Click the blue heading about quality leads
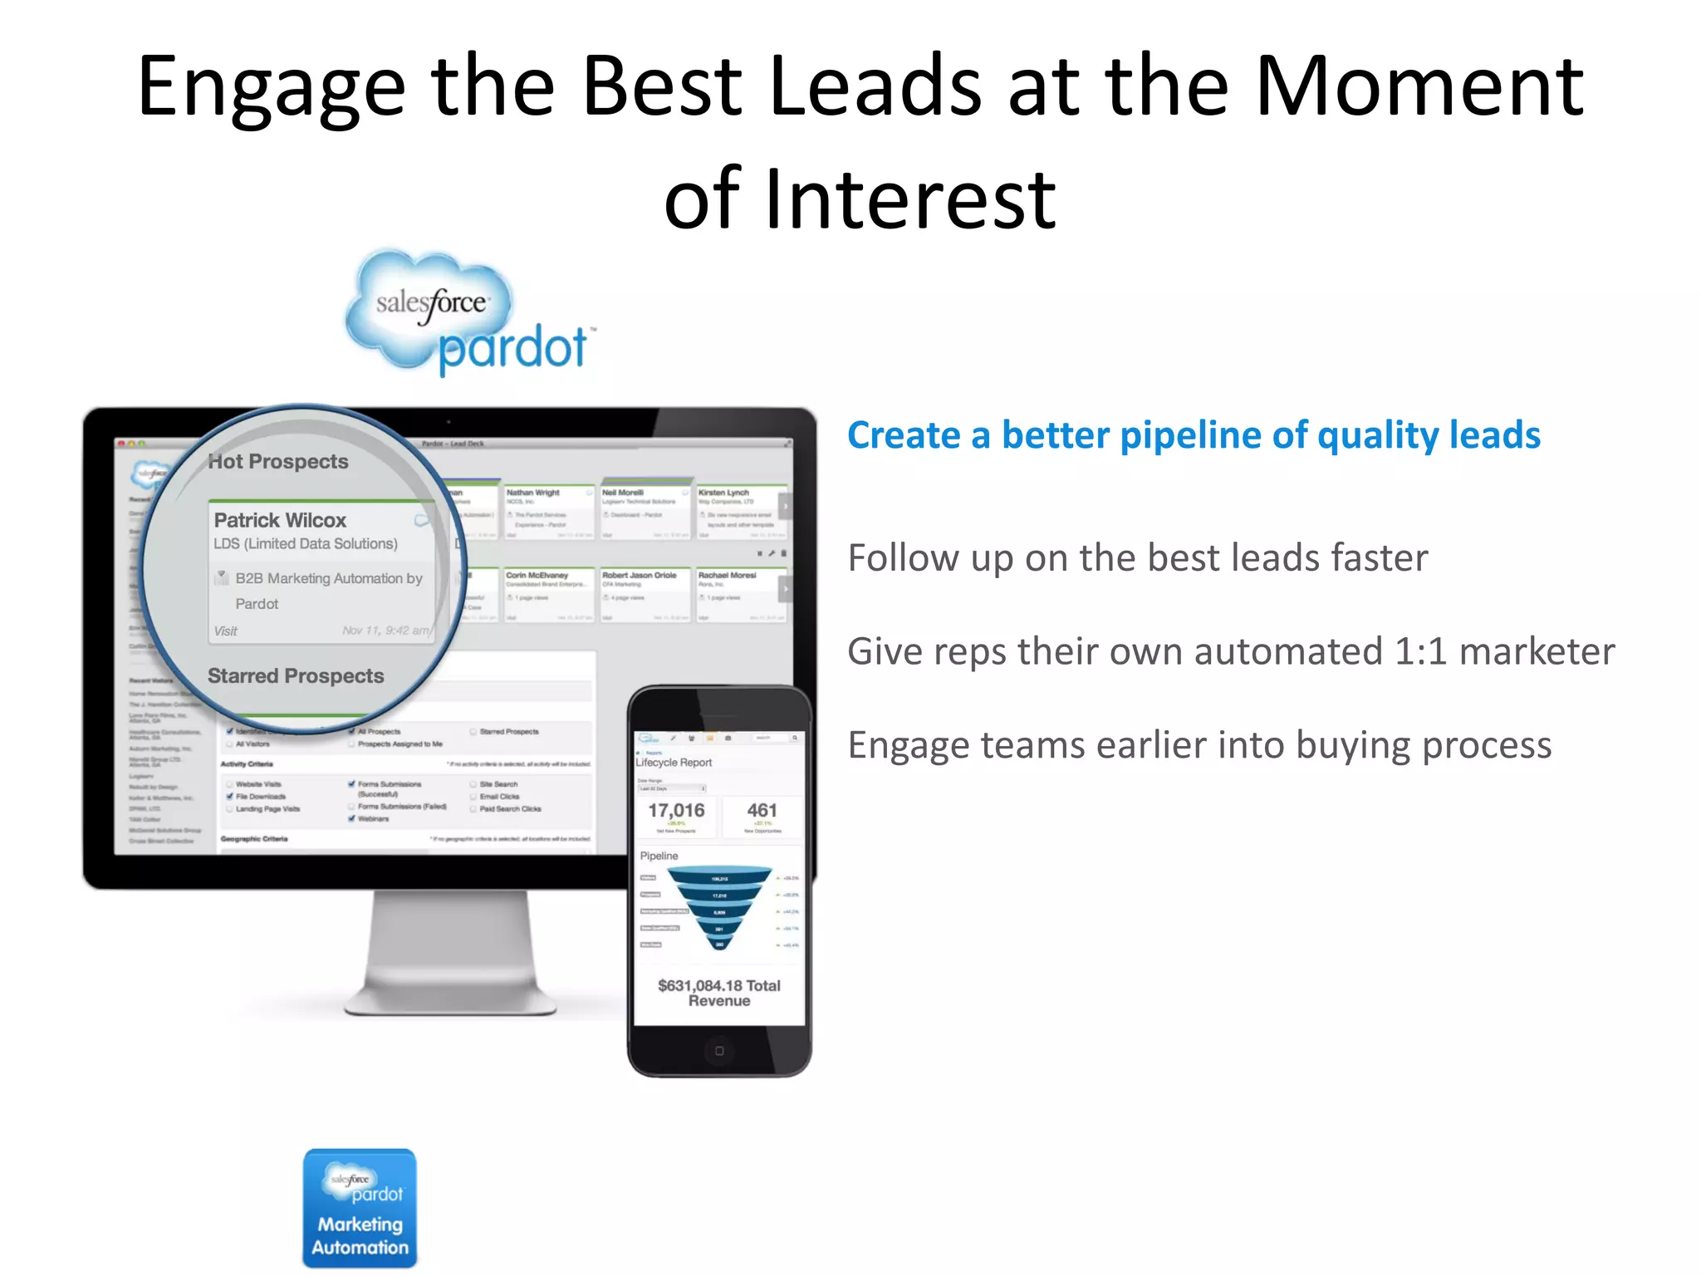click(x=1193, y=435)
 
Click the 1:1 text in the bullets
click(x=1420, y=651)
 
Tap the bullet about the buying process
click(x=1199, y=745)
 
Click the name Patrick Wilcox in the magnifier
click(x=280, y=521)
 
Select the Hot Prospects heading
click(x=278, y=462)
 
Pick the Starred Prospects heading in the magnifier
click(x=296, y=676)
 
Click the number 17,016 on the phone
click(x=676, y=811)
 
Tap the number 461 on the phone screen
click(x=762, y=811)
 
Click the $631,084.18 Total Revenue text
click(x=719, y=993)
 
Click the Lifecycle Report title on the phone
click(x=674, y=763)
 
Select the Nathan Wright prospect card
click(x=549, y=512)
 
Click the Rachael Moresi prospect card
click(x=739, y=595)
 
